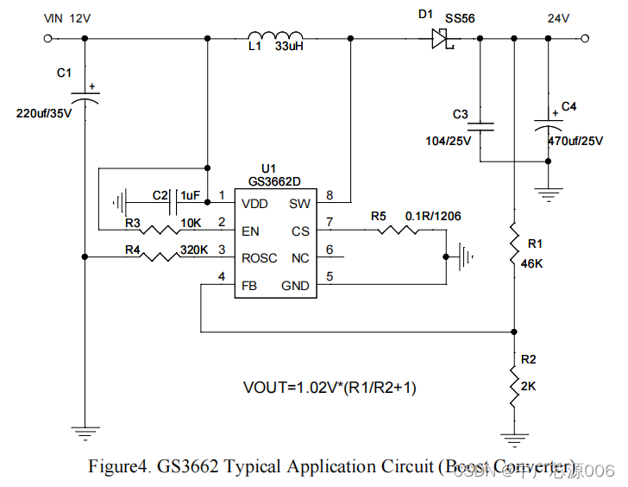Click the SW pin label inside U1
click(299, 204)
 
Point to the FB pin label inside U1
click(250, 285)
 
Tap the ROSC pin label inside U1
click(260, 257)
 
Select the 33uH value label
click(289, 47)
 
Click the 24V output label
click(559, 18)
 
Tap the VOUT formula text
click(330, 388)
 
